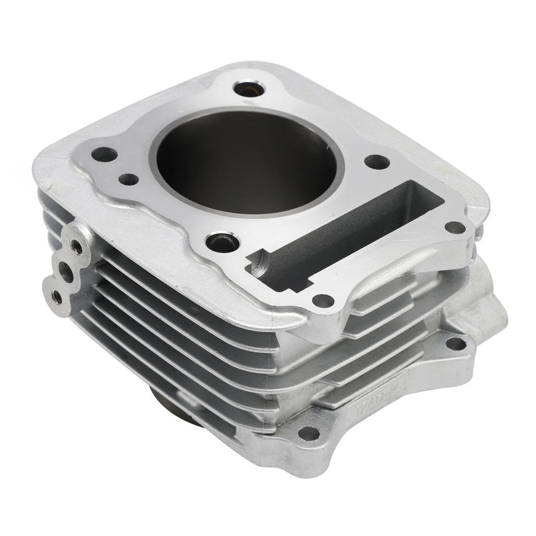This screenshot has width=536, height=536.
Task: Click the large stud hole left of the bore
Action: (105, 155)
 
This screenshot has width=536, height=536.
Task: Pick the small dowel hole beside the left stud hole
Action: (128, 180)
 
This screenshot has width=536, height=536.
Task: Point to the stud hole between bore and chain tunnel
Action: (376, 162)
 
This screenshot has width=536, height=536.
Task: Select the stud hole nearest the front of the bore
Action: (223, 241)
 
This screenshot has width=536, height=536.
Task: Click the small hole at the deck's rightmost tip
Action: (454, 227)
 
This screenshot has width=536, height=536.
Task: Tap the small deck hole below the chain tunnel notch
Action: (323, 300)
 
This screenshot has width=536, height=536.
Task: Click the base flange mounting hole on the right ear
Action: (455, 343)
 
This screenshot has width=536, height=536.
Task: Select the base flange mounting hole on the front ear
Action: (308, 433)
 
